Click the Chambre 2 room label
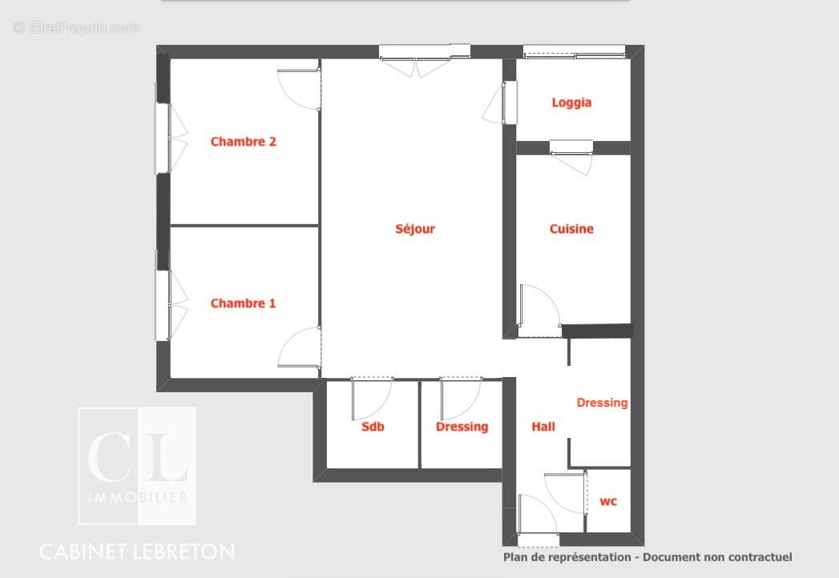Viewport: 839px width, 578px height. (244, 142)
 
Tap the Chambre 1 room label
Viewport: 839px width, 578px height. (243, 303)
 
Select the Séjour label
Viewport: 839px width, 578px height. (415, 229)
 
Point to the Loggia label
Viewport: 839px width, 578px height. (572, 102)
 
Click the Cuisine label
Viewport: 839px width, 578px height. (571, 229)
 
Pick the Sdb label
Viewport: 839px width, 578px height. (373, 427)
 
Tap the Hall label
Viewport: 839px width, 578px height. (543, 427)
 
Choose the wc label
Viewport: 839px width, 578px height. (609, 502)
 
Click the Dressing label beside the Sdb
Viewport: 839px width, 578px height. (462, 427)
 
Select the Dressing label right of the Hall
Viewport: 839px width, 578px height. (602, 403)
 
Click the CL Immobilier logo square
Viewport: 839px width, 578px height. (137, 466)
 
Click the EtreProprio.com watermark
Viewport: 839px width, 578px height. (76, 28)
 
